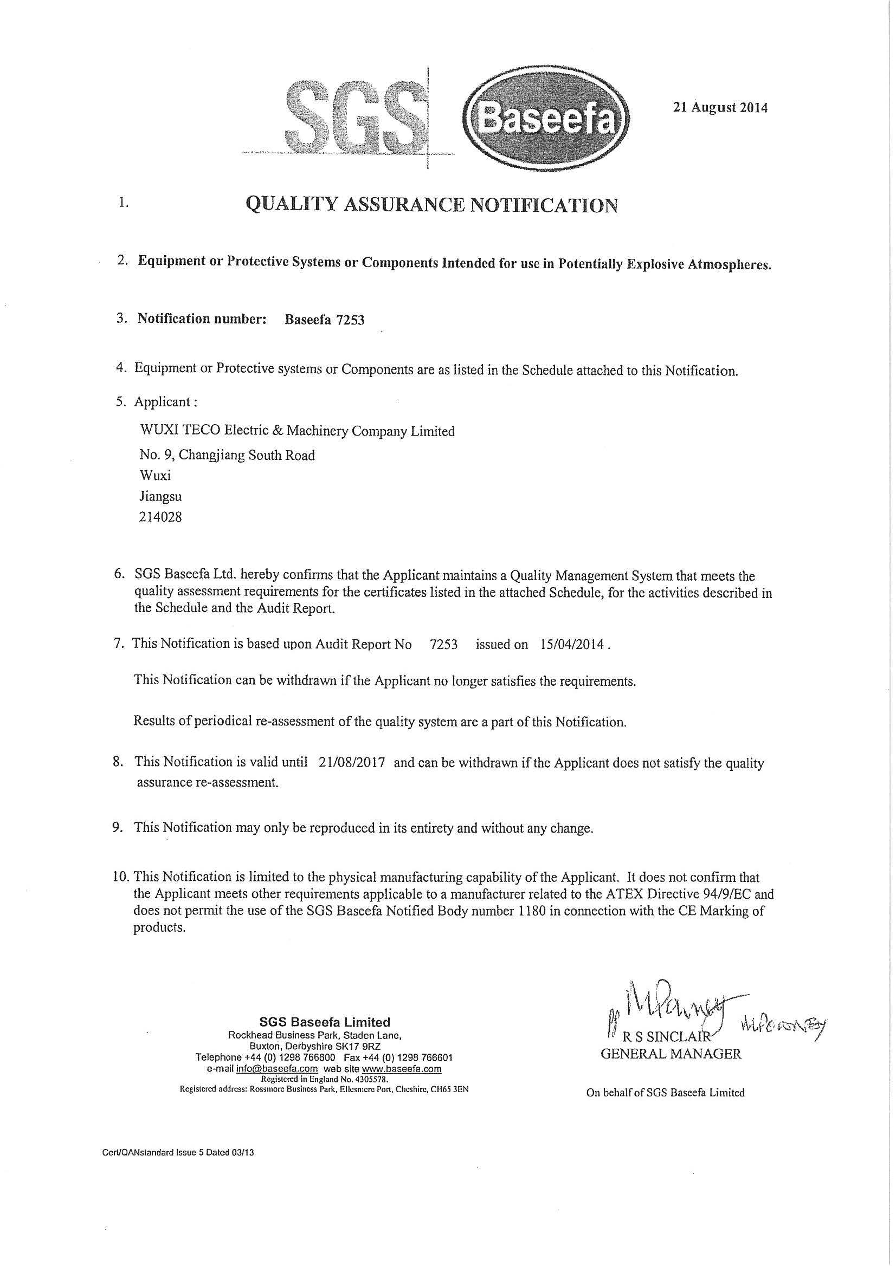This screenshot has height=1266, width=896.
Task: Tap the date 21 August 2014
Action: click(x=720, y=107)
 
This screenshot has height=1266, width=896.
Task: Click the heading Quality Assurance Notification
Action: click(x=431, y=205)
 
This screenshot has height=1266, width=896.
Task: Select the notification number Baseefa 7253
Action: click(x=324, y=320)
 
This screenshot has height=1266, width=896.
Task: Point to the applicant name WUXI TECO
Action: click(x=298, y=431)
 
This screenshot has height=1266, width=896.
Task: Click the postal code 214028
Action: click(x=160, y=517)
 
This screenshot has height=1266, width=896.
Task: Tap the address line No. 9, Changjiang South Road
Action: click(x=227, y=456)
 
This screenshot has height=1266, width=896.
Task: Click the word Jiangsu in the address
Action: click(x=160, y=496)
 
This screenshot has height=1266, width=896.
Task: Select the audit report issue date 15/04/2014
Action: click(x=570, y=644)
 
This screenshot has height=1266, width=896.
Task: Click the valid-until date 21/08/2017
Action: click(x=351, y=763)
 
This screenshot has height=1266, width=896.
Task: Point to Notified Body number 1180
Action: click(x=532, y=911)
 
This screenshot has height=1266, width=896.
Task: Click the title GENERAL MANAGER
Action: click(x=671, y=1054)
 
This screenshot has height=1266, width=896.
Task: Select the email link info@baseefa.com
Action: click(x=276, y=1069)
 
